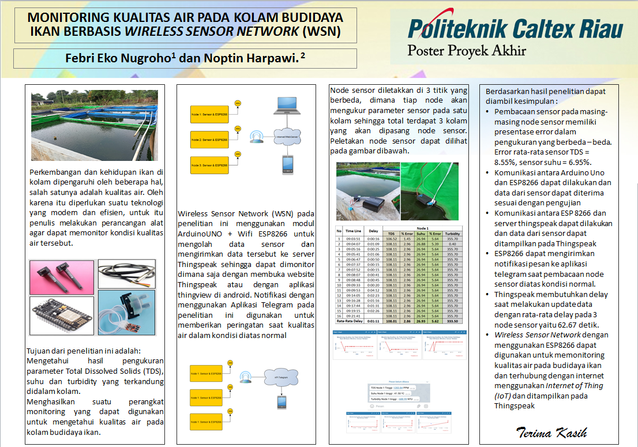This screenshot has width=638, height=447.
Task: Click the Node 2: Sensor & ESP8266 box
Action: (208, 140)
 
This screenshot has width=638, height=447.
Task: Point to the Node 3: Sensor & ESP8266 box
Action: (208, 166)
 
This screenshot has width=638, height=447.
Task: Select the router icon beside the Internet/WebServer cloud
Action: (256, 137)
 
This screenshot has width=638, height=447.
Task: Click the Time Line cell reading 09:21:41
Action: (353, 316)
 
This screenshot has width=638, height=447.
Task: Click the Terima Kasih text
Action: (551, 432)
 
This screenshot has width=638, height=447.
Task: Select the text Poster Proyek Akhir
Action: (467, 50)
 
